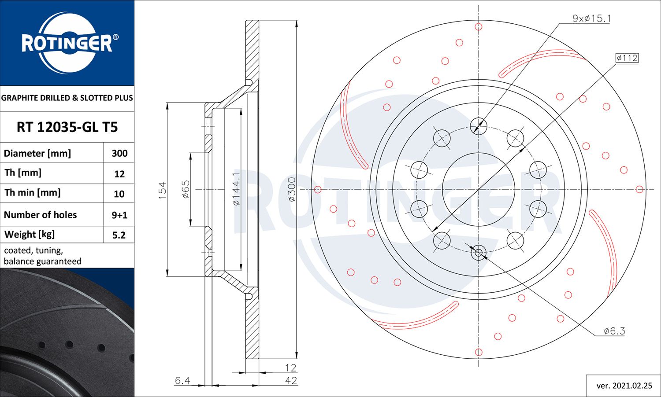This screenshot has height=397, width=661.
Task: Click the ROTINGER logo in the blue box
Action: pos(67,43)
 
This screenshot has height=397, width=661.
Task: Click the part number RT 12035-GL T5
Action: pos(67,127)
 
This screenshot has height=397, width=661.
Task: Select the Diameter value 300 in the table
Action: pos(119,153)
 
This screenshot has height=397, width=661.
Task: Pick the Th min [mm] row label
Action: pos(33,193)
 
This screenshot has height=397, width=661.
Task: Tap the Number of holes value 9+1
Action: pos(119,215)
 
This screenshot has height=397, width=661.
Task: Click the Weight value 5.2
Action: pos(119,235)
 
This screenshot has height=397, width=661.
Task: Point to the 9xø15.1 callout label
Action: pos(591,18)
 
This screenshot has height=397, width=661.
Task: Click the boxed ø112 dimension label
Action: pos(627,58)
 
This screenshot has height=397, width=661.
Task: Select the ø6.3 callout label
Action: pos(614,331)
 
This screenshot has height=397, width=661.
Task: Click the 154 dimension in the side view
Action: pos(163,190)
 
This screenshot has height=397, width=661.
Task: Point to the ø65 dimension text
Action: pos(186,189)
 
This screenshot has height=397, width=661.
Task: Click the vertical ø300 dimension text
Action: pos(291,189)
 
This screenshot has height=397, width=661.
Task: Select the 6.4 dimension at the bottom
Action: pos(182,380)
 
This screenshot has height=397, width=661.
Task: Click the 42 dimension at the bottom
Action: pos(291,380)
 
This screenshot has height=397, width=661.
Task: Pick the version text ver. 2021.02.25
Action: pos(624,386)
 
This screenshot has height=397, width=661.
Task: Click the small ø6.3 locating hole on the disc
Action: pos(479,253)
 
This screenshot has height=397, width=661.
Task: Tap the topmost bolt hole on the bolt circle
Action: pos(479,126)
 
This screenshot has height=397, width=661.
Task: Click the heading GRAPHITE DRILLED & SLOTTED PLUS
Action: pos(67,98)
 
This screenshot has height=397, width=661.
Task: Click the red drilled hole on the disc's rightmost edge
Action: pos(639,189)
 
